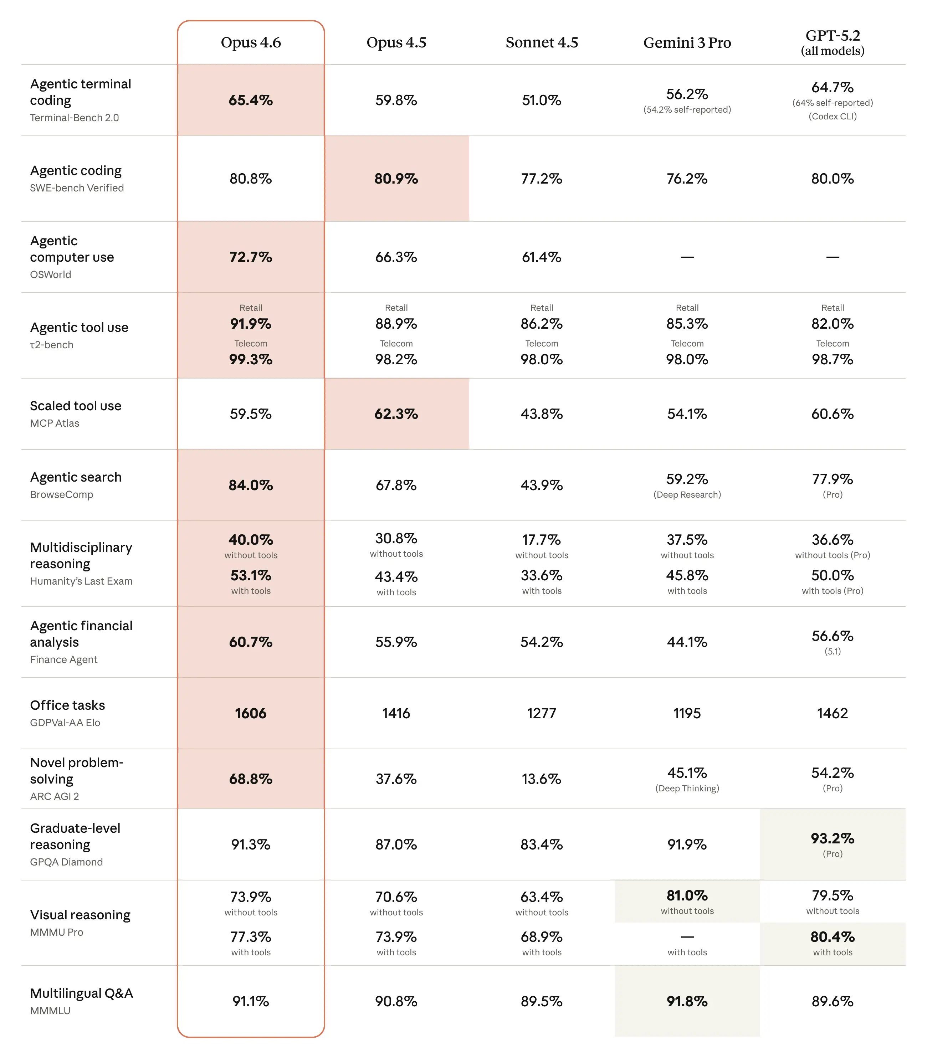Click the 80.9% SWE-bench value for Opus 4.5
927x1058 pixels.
(396, 179)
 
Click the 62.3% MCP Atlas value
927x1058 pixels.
(396, 414)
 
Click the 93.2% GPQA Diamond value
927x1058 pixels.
(832, 838)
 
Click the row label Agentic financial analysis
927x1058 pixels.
(81, 634)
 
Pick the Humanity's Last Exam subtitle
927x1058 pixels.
(81, 581)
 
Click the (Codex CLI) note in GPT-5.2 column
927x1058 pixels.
(832, 116)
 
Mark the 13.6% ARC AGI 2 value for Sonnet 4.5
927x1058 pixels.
(541, 779)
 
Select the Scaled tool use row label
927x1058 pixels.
(76, 406)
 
